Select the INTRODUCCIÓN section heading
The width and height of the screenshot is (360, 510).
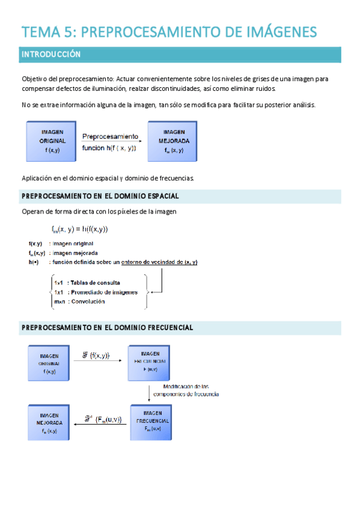tap(51, 54)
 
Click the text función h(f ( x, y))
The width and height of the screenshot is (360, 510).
tap(109, 148)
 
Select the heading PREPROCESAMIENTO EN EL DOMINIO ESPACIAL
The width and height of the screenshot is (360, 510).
tap(100, 196)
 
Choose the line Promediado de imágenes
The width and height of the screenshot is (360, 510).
tap(102, 292)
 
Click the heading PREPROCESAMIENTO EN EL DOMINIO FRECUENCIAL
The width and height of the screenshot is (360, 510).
tap(107, 328)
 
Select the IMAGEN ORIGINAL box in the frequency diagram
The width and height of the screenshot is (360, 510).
tap(49, 363)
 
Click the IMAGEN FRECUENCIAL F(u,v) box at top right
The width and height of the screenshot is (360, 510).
tap(150, 363)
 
